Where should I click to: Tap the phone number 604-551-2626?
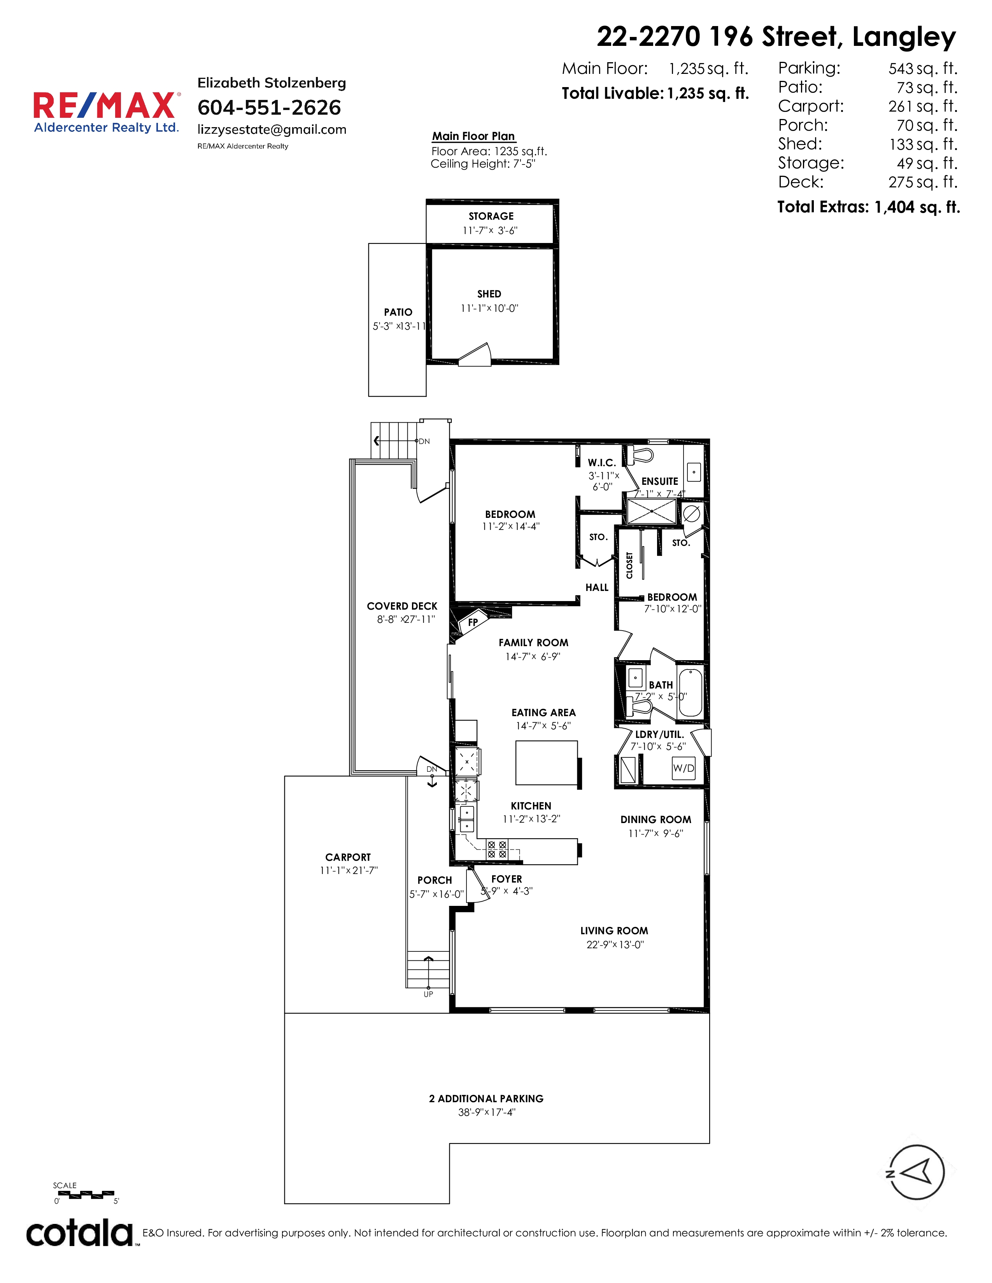(x=269, y=108)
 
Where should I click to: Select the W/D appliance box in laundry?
(x=684, y=768)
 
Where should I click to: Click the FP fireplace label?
(x=473, y=622)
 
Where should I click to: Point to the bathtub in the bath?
(x=691, y=692)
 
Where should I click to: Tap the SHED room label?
(x=489, y=294)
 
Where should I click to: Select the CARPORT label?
(x=348, y=857)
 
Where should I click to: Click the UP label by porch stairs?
(x=428, y=994)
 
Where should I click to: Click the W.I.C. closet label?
(x=602, y=463)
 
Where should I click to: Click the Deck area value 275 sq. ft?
(x=923, y=182)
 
